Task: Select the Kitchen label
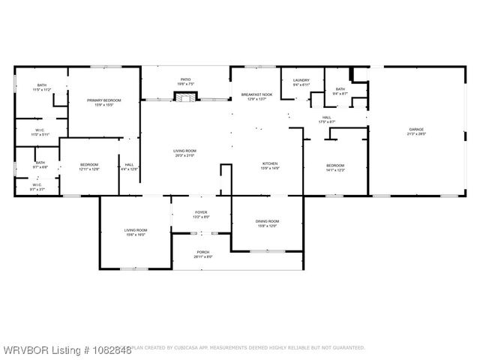(x=270, y=166)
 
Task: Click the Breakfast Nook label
(x=255, y=96)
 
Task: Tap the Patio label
(x=185, y=81)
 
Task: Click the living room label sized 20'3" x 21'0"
(x=184, y=154)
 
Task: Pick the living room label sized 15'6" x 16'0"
(x=136, y=232)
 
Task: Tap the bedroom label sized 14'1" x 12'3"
(x=335, y=167)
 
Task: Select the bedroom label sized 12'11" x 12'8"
(x=89, y=167)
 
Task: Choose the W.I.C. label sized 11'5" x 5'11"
(x=39, y=133)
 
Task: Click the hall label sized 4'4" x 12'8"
(x=129, y=167)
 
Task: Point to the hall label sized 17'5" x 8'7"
(x=327, y=119)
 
